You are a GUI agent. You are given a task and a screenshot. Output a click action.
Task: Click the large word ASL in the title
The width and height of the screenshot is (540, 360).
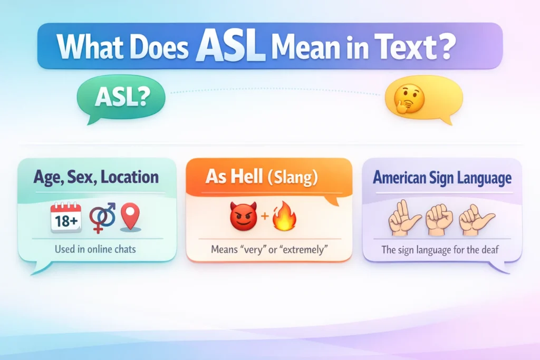230,46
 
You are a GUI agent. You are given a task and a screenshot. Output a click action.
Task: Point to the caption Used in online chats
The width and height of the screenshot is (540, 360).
95,248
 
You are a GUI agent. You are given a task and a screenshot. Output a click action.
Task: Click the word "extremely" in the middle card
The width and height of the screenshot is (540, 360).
304,248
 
